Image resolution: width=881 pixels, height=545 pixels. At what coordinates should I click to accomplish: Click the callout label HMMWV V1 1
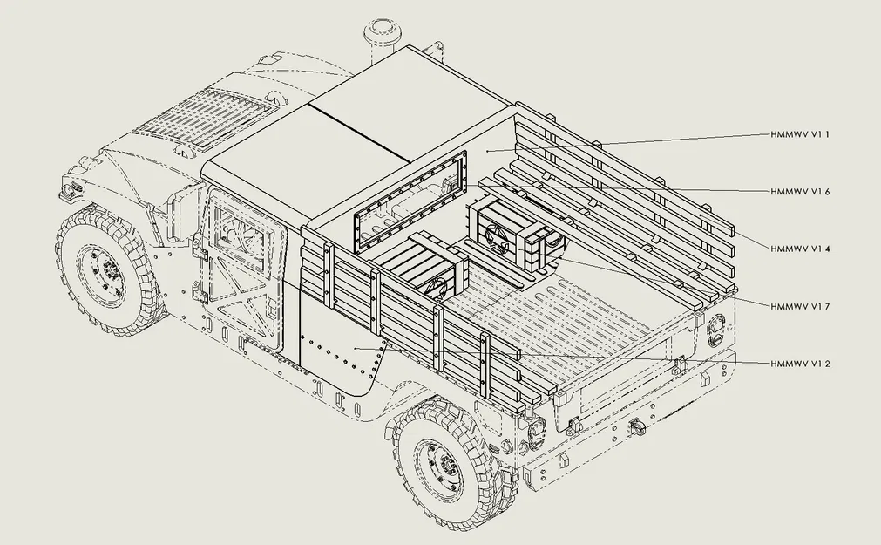(800, 135)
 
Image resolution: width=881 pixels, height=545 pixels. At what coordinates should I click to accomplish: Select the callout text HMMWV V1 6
(800, 191)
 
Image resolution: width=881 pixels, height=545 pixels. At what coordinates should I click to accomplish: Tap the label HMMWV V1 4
(800, 249)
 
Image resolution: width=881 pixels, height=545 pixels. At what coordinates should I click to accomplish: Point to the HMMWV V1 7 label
(800, 306)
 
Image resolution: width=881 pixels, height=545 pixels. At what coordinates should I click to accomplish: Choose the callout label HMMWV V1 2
(800, 363)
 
